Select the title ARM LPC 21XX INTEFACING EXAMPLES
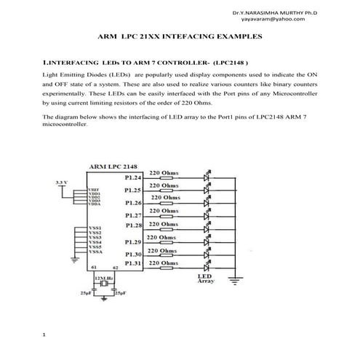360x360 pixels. tap(180, 36)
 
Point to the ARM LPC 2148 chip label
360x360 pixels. tap(112, 167)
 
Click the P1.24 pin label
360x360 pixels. tap(132, 177)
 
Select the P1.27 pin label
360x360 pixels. tap(132, 215)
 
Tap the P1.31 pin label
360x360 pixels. tap(132, 263)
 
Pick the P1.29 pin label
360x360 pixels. tap(132, 241)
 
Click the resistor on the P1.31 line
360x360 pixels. tap(167, 271)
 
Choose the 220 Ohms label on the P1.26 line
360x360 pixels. tap(167, 197)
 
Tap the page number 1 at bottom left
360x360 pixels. tap(44, 335)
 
